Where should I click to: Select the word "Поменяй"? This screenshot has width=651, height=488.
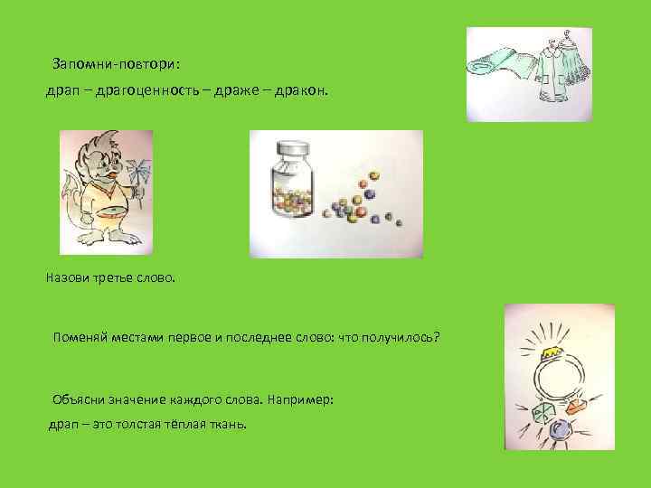pyautogui.click(x=82, y=337)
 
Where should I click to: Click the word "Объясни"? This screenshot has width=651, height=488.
pyautogui.click(x=81, y=399)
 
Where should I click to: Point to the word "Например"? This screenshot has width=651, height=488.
pyautogui.click(x=299, y=399)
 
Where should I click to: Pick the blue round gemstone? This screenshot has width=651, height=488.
pyautogui.click(x=559, y=429)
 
